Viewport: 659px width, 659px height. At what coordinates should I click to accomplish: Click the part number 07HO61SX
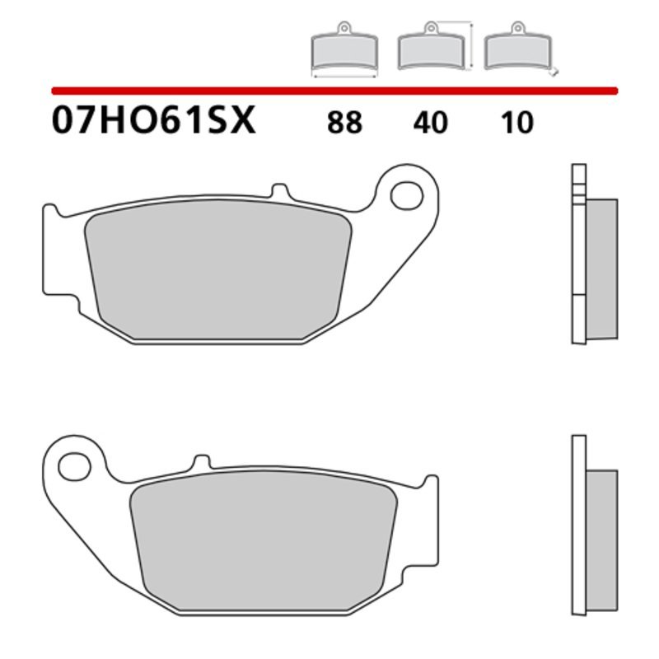pyautogui.click(x=154, y=121)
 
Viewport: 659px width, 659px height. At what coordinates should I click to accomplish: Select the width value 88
pyautogui.click(x=344, y=123)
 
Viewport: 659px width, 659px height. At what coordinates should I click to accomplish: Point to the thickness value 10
pyautogui.click(x=516, y=123)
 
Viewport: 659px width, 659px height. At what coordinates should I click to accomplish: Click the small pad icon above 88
pyautogui.click(x=344, y=52)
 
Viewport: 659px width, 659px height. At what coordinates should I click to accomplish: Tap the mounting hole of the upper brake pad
pyautogui.click(x=405, y=194)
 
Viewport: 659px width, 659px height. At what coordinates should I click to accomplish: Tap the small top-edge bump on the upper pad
pyautogui.click(x=280, y=193)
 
